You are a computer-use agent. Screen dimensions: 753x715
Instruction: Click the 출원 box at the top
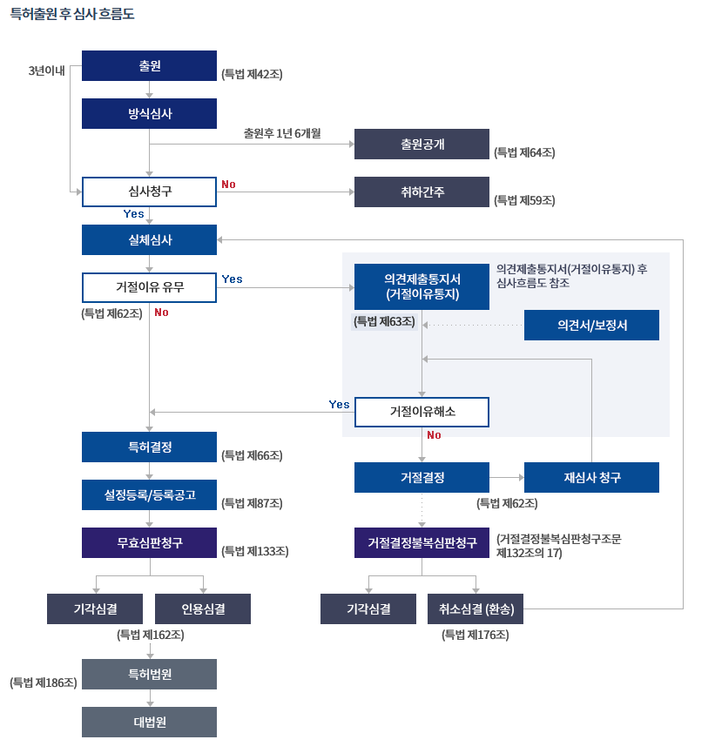[149, 66]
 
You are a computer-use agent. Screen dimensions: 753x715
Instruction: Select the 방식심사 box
[149, 113]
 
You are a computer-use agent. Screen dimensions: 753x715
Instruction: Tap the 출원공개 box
[422, 145]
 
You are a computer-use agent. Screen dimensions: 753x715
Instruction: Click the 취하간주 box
[422, 192]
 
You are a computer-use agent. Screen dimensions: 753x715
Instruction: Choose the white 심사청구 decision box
[149, 192]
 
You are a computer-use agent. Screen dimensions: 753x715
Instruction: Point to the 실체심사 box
[149, 240]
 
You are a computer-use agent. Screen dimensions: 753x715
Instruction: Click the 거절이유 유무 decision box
[149, 286]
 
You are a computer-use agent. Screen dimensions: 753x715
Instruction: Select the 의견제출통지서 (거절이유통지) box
[422, 286]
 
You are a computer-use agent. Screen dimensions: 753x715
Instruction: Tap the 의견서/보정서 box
[591, 325]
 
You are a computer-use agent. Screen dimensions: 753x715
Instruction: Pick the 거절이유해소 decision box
[422, 412]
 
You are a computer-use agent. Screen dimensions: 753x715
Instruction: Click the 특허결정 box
[149, 447]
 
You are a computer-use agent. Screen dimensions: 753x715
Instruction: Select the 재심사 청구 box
[591, 478]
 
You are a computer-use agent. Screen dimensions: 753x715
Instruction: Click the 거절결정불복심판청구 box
[422, 543]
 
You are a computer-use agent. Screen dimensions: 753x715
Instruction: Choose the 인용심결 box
[203, 609]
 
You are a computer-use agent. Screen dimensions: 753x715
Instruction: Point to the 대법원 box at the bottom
[149, 723]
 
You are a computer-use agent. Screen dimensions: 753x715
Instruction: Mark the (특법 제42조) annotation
[252, 75]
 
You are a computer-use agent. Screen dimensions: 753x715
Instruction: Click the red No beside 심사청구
[228, 185]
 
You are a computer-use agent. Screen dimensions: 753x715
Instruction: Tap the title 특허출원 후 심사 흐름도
[72, 15]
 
